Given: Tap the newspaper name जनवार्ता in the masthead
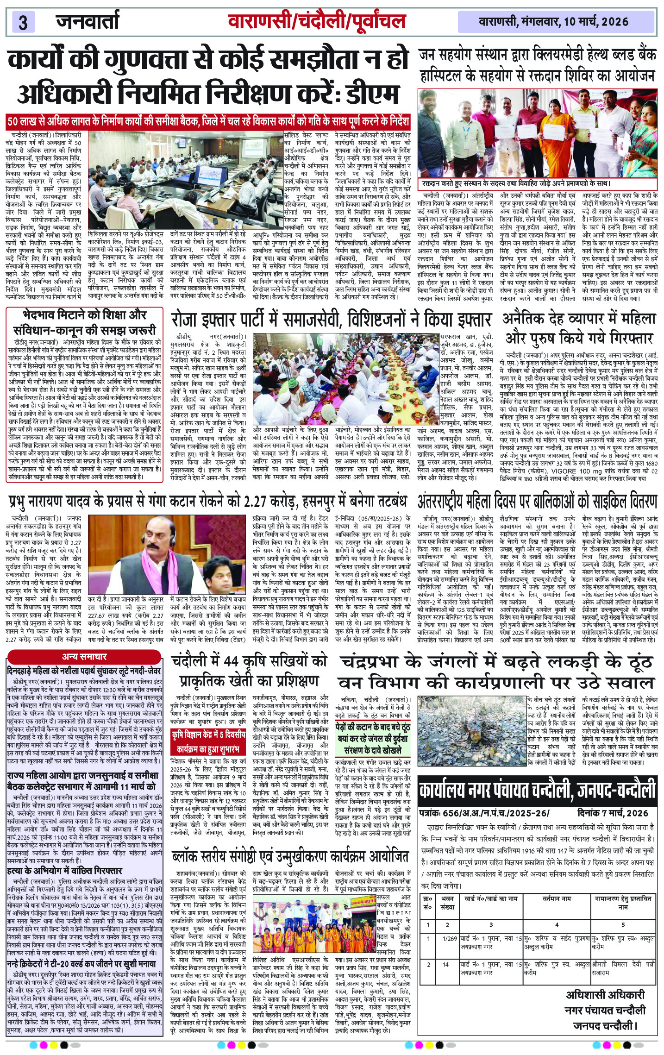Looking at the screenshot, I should pyautogui.click(x=88, y=21).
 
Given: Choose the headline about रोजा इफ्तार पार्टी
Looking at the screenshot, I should pyautogui.click(x=331, y=320).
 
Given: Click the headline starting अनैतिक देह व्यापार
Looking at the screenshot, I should pyautogui.click(x=579, y=329).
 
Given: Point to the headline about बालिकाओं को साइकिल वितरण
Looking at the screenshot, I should pyautogui.click(x=537, y=502).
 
